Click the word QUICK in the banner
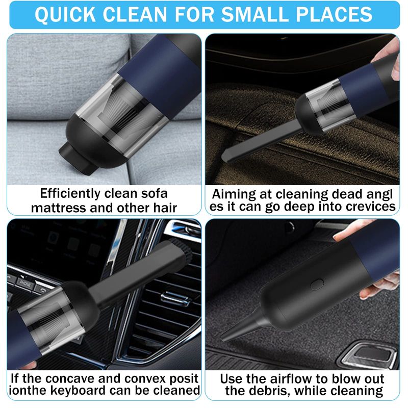click(65, 14)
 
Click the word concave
click(71, 379)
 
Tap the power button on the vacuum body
click(317, 285)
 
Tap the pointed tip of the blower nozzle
click(222, 339)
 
